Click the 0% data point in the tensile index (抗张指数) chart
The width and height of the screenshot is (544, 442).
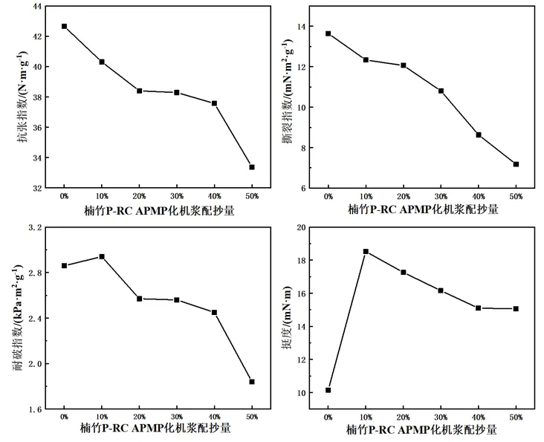64,26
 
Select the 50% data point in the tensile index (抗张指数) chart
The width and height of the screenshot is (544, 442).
252,167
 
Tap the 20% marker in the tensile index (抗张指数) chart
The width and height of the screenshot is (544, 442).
140,91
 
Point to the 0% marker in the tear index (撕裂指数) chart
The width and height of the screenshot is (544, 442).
328,33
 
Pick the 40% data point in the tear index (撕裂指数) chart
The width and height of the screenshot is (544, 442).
479,135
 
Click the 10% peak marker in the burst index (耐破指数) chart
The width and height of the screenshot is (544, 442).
102,256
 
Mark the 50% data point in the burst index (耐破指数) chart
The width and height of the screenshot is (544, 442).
252,382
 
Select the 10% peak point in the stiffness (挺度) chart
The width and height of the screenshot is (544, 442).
366,251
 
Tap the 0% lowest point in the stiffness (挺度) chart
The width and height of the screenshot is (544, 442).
328,390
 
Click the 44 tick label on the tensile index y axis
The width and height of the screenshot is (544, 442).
36,6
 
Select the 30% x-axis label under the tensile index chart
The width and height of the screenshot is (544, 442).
177,196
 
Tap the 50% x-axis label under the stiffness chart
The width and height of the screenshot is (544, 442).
516,417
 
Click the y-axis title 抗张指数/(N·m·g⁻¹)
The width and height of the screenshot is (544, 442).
22,97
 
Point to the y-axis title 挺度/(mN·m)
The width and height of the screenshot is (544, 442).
288,318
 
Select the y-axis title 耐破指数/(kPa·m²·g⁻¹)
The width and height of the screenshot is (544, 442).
19,318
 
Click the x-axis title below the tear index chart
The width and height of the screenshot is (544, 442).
423,209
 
